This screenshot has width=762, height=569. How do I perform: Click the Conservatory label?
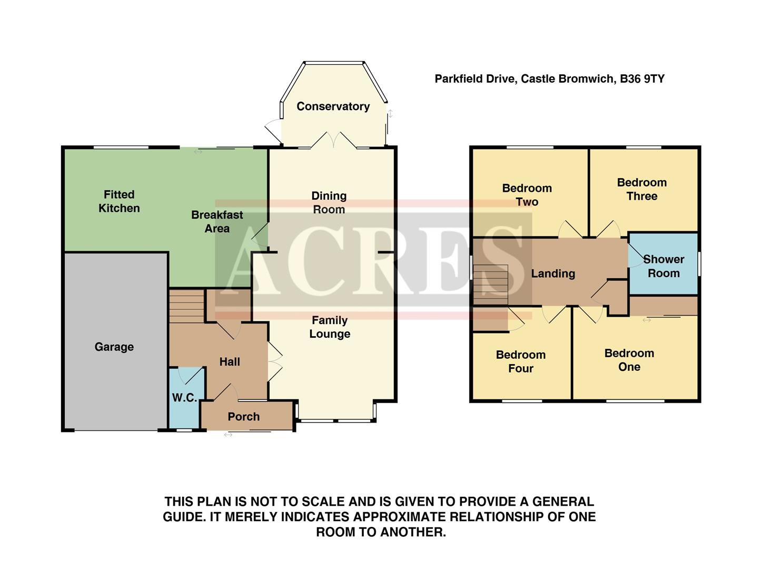coord(333,106)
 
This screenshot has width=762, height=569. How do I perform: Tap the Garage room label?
coord(114,347)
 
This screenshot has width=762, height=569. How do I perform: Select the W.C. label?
coord(184,398)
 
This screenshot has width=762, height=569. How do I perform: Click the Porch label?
coord(243,417)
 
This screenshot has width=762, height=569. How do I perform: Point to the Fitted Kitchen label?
coord(119,201)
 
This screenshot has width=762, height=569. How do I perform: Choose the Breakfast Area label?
coord(217,222)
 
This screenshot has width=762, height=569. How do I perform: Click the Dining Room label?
coord(329,203)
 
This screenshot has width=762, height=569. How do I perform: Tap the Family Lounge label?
coord(330,327)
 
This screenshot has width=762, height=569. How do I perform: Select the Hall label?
coord(230,362)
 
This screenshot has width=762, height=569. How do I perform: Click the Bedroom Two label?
coord(527,195)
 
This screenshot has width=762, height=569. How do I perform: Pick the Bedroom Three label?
coord(641,189)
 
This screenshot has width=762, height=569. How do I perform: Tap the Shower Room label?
coord(664,266)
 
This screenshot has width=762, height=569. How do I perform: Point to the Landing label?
coord(552,273)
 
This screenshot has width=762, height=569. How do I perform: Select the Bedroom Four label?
coord(520,361)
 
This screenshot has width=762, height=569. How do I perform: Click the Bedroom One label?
coord(629,360)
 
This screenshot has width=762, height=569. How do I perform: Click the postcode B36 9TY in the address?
coord(642,79)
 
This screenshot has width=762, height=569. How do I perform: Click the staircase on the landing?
coord(490,284)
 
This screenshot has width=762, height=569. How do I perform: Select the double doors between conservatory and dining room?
coord(333,140)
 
